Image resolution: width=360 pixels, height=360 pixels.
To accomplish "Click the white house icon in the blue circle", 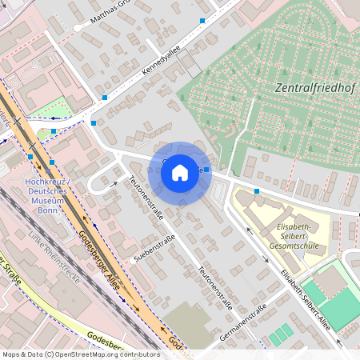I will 180,171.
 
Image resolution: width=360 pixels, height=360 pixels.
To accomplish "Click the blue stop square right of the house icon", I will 206,170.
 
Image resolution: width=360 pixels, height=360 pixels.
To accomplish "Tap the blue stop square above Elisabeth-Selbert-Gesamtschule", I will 257,191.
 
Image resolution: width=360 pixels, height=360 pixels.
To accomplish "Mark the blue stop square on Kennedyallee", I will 105,98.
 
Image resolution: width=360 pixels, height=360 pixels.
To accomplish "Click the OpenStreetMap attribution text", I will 81,354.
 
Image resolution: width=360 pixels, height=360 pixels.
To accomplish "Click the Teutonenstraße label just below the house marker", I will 147,202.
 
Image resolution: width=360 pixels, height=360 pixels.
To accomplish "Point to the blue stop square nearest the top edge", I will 202,21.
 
